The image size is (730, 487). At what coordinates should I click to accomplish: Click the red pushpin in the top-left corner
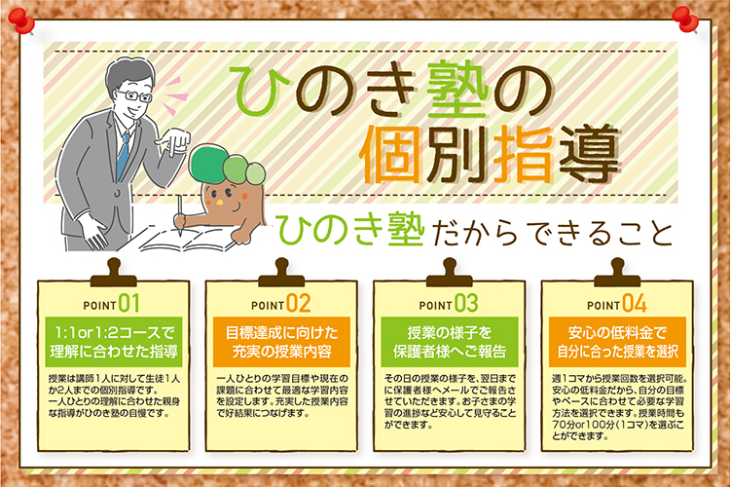click(x=21, y=21)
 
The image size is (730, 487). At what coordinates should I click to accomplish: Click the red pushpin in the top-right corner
click(x=686, y=19)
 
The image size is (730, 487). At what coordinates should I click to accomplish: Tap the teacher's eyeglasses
click(x=134, y=96)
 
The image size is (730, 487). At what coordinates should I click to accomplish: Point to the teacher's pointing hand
click(x=174, y=140)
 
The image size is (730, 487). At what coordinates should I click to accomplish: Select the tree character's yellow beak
click(x=219, y=204)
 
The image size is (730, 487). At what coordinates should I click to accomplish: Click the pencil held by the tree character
click(x=180, y=215)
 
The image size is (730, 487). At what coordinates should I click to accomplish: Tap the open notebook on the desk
click(x=186, y=242)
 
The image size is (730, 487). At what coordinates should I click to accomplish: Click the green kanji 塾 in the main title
click(x=458, y=92)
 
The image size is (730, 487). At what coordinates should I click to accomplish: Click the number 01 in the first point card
click(x=128, y=303)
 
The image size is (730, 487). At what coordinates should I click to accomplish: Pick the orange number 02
click(x=299, y=303)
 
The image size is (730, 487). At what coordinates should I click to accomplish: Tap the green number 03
click(x=466, y=303)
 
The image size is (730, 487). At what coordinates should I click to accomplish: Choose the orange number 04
click(x=635, y=303)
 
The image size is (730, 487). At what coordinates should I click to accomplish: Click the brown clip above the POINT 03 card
click(x=450, y=273)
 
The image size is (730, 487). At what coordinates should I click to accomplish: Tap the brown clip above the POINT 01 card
click(x=114, y=273)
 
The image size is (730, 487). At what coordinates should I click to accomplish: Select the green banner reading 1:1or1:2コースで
click(x=114, y=342)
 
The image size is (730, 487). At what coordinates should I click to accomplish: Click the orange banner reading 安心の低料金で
click(x=617, y=342)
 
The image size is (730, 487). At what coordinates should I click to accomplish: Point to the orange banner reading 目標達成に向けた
click(x=281, y=342)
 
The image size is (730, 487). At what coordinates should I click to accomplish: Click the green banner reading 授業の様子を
click(x=450, y=342)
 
